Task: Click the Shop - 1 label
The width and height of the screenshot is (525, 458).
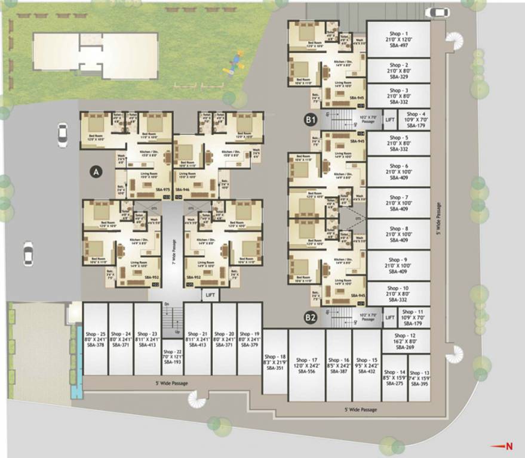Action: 398,34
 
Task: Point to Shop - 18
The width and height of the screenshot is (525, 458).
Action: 275,361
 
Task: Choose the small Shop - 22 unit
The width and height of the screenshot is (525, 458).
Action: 172,357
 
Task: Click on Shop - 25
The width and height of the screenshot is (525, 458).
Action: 95,339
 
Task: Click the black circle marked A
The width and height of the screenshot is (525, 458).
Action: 95,172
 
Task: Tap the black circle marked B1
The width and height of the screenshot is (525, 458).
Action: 310,120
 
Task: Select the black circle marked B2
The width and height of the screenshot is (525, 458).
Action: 310,318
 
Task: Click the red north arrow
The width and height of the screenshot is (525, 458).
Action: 501,445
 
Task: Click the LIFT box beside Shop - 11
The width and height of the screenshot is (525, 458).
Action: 389,318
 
